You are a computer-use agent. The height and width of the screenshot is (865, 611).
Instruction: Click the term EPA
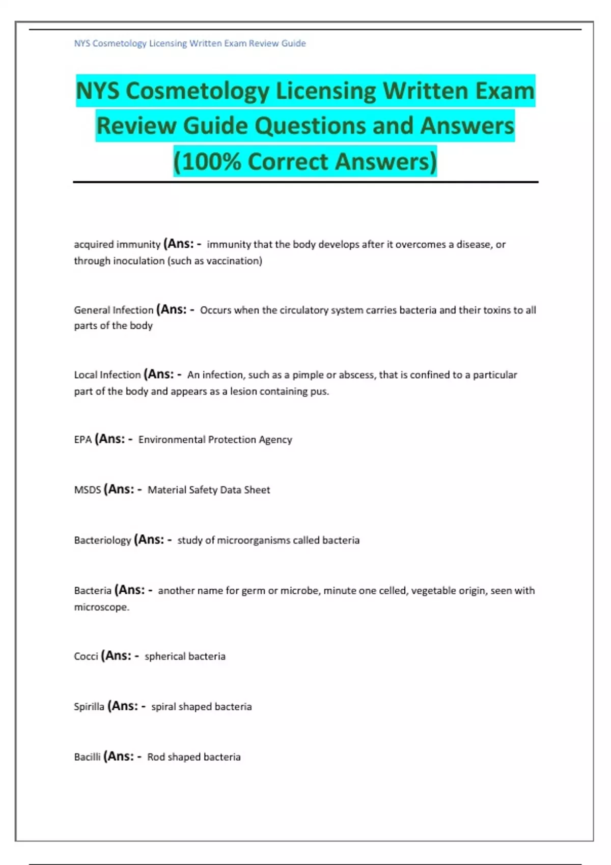click(82, 440)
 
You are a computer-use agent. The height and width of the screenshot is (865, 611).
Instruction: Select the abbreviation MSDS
click(88, 490)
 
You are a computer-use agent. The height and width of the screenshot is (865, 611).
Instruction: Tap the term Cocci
click(86, 656)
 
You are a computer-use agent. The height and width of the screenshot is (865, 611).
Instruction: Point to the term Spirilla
click(89, 707)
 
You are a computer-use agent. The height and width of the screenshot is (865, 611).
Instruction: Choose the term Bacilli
click(87, 757)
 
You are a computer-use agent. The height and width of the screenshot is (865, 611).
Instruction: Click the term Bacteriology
click(102, 540)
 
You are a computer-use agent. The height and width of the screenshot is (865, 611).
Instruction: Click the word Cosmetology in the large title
click(197, 92)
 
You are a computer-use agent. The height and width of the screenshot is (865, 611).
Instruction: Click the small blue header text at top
click(190, 44)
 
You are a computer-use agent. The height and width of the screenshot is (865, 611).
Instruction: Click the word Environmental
click(171, 440)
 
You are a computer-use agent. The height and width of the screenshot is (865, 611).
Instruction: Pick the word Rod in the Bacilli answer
click(156, 757)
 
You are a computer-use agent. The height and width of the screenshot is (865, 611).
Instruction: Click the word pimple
click(308, 375)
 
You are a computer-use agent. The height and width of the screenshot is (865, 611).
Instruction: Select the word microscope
click(101, 608)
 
